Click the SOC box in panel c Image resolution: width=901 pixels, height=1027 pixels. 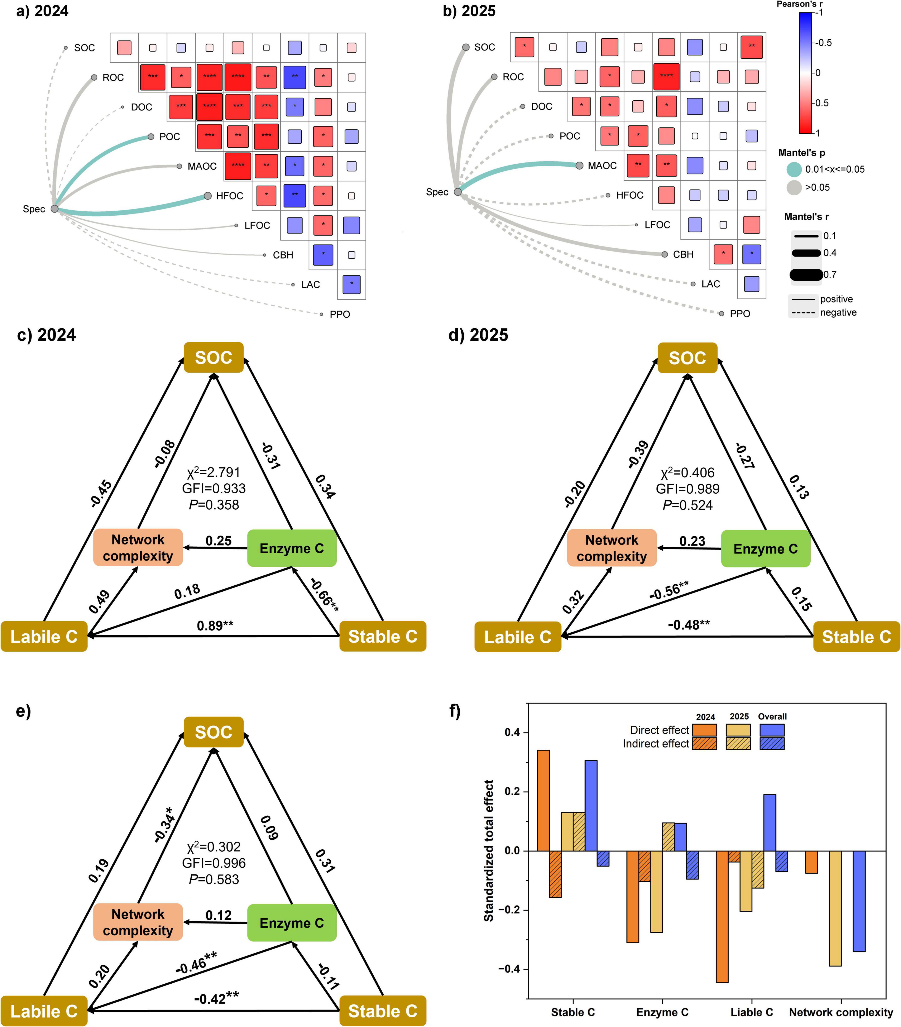pos(214,358)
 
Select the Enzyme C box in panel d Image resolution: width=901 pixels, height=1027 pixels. pos(765,549)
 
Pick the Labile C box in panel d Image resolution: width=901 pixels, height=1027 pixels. pos(518,637)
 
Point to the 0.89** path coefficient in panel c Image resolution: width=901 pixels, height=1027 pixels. pos(215,625)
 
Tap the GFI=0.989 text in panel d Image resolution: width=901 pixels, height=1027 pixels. pos(687,489)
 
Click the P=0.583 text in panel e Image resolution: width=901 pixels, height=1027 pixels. pos(214,879)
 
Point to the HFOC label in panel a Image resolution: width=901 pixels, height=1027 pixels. pos(230,196)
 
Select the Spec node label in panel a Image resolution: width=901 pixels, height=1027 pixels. pos(34,209)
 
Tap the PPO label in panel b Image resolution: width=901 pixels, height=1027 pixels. pos(740,313)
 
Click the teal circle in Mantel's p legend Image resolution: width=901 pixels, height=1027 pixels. pos(794,169)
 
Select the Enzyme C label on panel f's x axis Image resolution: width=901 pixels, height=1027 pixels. pos(662,1012)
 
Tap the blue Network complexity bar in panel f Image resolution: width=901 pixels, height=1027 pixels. pos(859,901)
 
